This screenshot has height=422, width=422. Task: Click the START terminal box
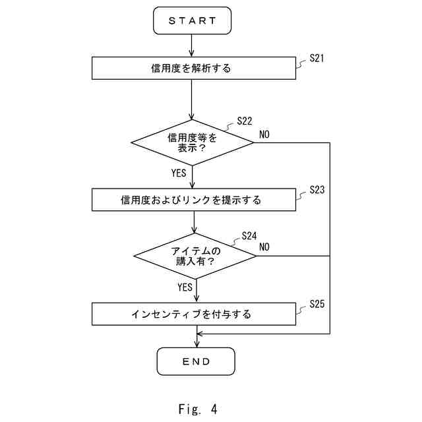(193, 20)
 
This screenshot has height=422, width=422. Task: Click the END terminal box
(196, 361)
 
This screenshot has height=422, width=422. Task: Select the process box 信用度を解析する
(193, 68)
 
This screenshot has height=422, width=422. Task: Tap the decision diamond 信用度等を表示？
(193, 142)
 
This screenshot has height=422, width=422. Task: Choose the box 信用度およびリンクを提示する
(193, 200)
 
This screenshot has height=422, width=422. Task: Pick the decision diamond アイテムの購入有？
(196, 255)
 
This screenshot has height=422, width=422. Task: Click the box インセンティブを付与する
(193, 314)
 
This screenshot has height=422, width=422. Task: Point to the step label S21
(316, 59)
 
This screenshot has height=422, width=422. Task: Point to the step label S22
(244, 121)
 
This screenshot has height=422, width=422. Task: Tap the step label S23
(316, 190)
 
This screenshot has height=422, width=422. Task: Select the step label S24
(249, 235)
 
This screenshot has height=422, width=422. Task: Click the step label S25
(316, 304)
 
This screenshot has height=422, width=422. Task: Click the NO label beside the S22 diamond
(264, 135)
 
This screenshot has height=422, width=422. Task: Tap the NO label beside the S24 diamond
(264, 247)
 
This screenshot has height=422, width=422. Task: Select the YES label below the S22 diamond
(179, 173)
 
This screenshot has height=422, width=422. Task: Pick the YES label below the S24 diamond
(185, 287)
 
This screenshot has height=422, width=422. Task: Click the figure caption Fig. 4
(198, 409)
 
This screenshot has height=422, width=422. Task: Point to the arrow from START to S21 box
(193, 45)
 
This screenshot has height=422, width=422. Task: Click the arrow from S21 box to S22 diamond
(193, 99)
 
